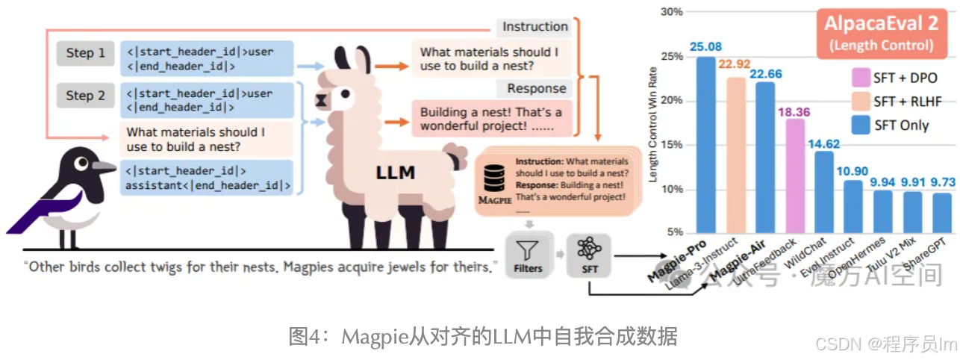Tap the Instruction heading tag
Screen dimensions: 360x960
click(x=534, y=27)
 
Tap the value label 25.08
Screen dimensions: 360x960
click(x=705, y=46)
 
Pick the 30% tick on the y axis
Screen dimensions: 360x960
click(x=672, y=12)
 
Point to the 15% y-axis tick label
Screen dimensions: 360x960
click(x=672, y=145)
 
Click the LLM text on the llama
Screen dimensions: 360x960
click(x=395, y=174)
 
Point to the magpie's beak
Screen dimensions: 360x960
click(x=105, y=166)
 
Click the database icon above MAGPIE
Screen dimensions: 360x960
click(x=492, y=177)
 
